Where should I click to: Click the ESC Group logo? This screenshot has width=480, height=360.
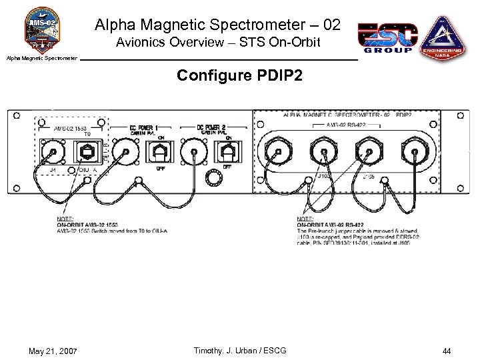(388, 37)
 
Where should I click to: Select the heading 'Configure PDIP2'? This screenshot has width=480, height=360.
(239, 75)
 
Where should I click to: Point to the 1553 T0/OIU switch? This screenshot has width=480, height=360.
(87, 152)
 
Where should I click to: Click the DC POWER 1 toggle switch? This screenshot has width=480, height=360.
(160, 153)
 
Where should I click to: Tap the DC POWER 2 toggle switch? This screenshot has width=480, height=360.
(230, 153)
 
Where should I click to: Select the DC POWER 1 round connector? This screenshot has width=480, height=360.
(123, 153)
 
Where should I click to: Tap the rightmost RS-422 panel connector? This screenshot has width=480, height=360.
(413, 153)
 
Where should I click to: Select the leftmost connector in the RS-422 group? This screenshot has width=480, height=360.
(276, 153)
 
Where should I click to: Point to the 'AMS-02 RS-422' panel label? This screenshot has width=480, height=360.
(345, 125)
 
